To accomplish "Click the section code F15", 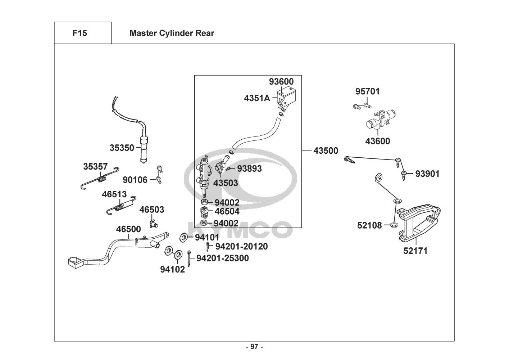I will pyautogui.click(x=79, y=33).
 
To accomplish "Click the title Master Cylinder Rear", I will pyautogui.click(x=172, y=33).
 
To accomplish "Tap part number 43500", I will pyautogui.click(x=326, y=151).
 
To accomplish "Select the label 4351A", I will pyautogui.click(x=257, y=98).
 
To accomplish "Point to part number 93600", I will pyautogui.click(x=281, y=82).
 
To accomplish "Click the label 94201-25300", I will pyautogui.click(x=222, y=258).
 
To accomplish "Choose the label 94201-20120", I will pyautogui.click(x=241, y=246).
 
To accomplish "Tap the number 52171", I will pyautogui.click(x=415, y=251).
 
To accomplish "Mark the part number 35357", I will pyautogui.click(x=95, y=166).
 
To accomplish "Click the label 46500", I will pyautogui.click(x=128, y=229).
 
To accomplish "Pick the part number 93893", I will pyautogui.click(x=249, y=168).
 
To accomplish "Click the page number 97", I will pyautogui.click(x=254, y=347).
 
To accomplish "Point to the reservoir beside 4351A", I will pyautogui.click(x=285, y=95).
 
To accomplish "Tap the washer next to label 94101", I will pyautogui.click(x=183, y=237).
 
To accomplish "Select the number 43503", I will pyautogui.click(x=226, y=183).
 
